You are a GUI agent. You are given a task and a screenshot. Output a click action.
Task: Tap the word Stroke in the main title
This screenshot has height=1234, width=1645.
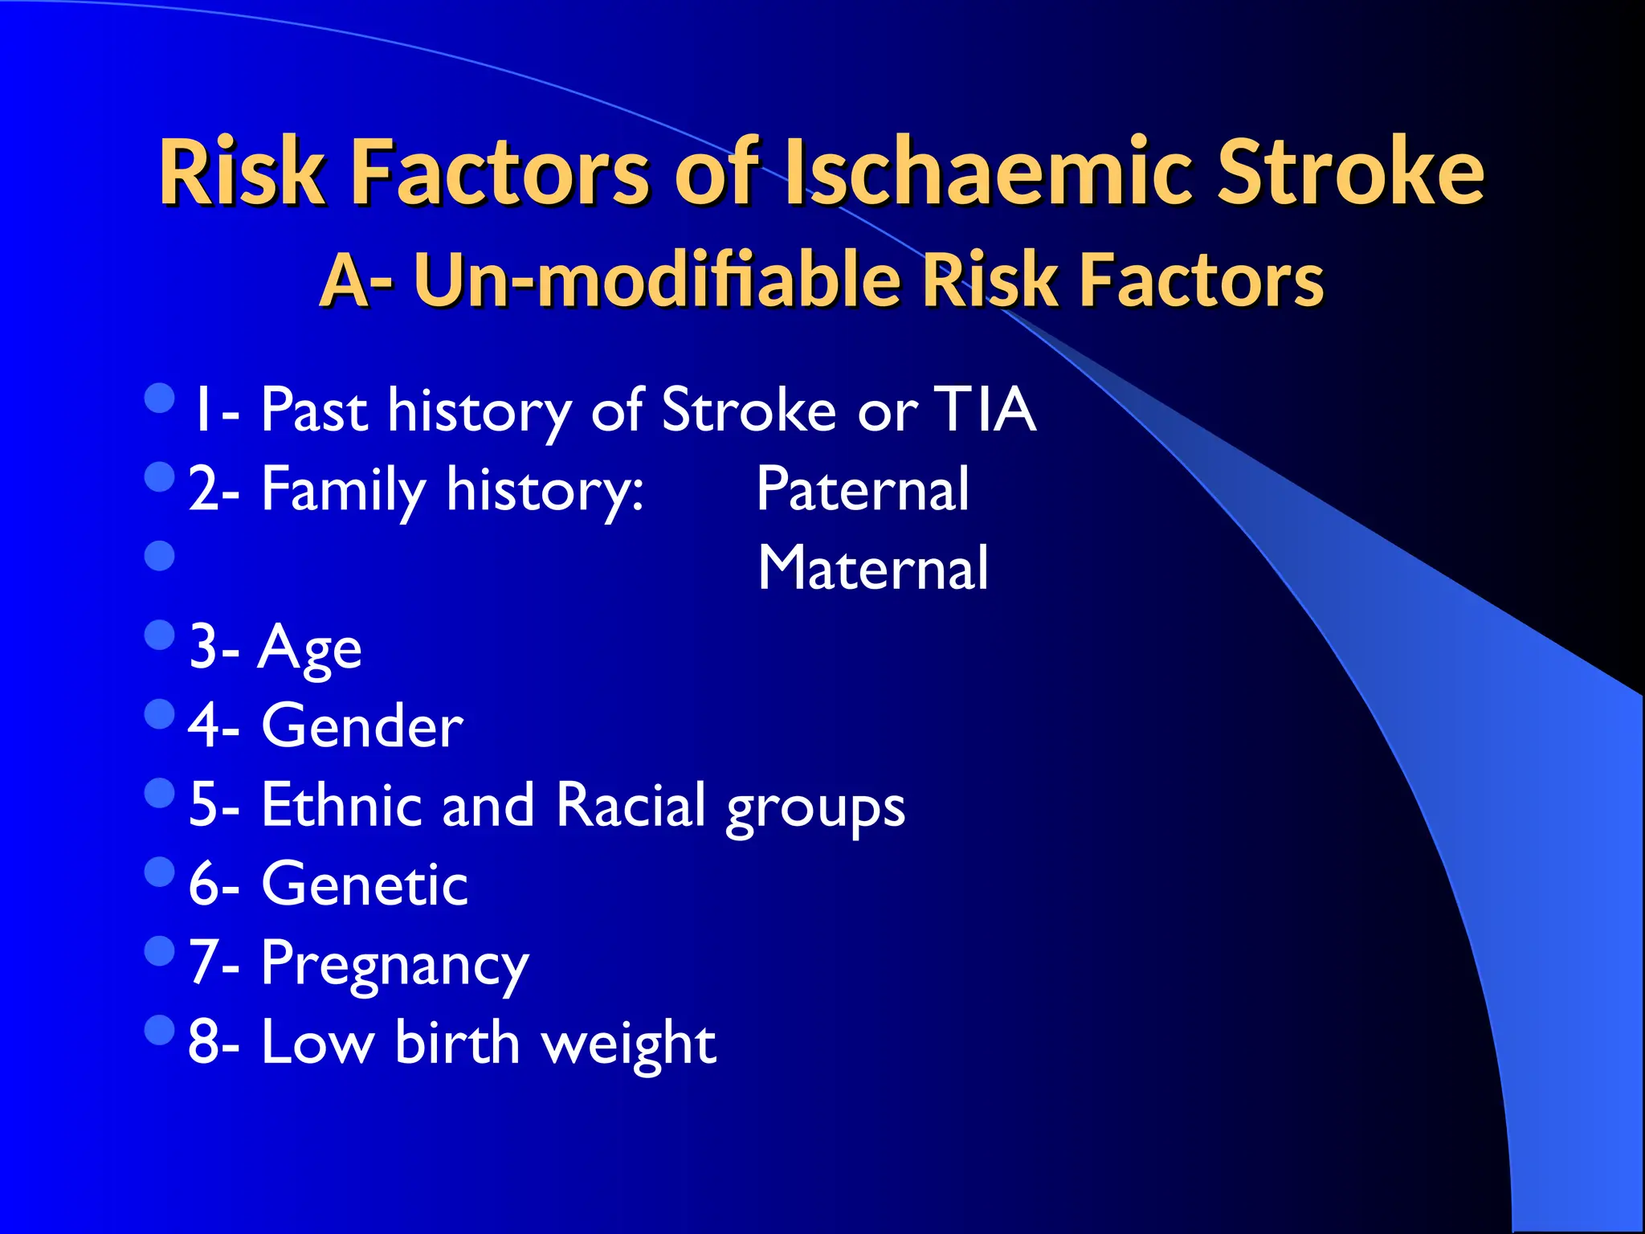(1349, 171)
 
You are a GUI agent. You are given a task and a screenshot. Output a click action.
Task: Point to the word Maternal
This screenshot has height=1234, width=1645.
(873, 568)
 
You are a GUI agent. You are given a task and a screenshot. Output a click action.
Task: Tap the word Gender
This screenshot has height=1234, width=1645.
(362, 726)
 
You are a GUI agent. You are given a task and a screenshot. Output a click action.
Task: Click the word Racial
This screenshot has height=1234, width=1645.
(631, 805)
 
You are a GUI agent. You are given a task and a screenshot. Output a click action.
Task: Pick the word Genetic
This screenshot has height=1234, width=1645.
(365, 884)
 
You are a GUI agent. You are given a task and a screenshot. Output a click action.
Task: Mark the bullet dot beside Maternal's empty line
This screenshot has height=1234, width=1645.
(160, 555)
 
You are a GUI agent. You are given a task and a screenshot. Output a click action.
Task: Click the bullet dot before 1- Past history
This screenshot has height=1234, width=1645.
(160, 397)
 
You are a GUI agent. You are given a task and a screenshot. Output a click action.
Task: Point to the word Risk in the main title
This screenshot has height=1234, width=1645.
(242, 171)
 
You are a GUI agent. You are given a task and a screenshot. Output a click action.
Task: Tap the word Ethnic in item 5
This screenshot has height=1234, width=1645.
(342, 805)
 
